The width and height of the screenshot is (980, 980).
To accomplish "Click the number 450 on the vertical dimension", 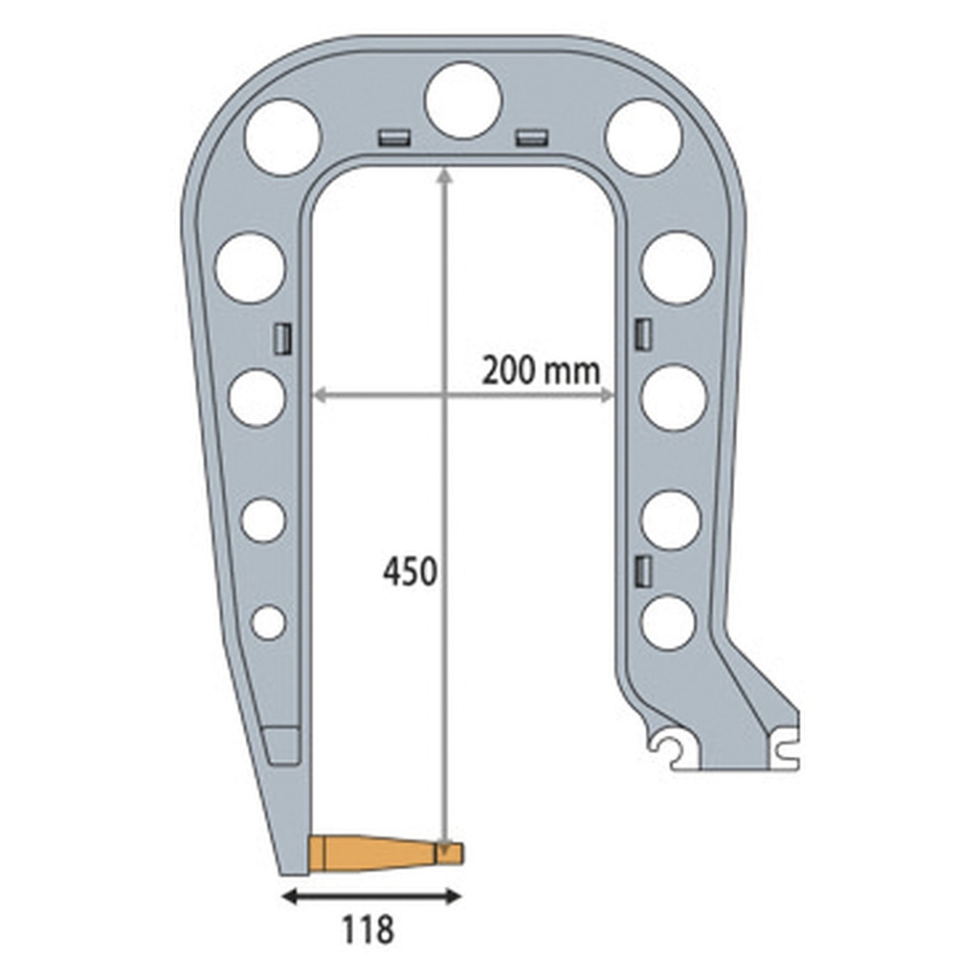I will coord(410,572).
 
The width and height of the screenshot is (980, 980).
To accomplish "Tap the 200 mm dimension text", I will coord(540,369).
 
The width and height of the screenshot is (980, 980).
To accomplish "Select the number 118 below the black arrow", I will coord(367,928).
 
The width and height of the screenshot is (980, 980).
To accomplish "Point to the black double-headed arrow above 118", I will coord(372,897).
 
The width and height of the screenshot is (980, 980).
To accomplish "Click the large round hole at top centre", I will coord(463,100).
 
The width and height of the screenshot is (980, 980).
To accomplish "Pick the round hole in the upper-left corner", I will coord(282,137).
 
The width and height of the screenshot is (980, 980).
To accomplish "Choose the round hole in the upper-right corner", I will coord(643,137).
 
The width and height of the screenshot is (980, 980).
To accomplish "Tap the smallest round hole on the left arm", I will coord(268,622).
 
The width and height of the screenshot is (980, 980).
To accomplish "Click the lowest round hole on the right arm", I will coord(668,622).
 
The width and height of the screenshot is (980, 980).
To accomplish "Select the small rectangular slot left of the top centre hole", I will coord(393,137).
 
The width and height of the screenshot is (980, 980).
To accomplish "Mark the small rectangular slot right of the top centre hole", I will coord(530,137).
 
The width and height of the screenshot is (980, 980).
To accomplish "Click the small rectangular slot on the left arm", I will coord(282,339).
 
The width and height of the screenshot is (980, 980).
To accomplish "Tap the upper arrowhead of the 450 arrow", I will coord(444,173).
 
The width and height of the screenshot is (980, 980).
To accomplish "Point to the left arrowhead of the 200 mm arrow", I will coord(320,394).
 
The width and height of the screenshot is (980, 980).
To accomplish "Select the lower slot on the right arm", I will coord(643,570).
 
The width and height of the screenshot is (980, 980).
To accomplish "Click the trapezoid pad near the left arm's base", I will coord(281,745).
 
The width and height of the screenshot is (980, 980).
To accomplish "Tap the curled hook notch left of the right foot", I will coord(666,748).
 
